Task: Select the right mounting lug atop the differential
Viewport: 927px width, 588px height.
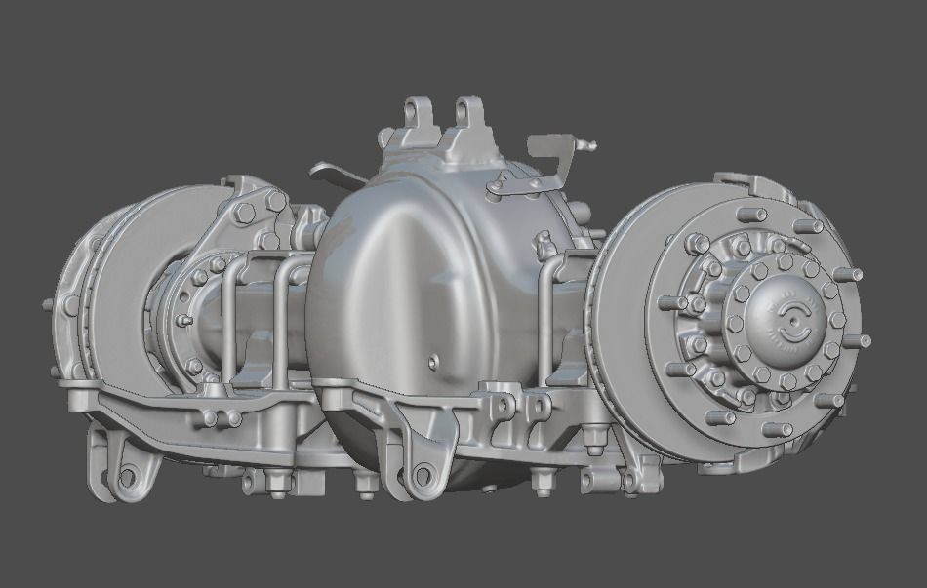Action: point(469,117)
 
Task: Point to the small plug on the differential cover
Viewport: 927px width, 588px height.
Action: point(432,363)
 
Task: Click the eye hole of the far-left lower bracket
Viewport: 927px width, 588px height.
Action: point(124,477)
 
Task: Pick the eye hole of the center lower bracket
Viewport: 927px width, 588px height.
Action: point(422,477)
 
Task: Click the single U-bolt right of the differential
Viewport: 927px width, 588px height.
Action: point(557,312)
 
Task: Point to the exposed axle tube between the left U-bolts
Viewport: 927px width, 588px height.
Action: point(259,322)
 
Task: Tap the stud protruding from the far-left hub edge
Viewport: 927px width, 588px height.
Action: point(48,305)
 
